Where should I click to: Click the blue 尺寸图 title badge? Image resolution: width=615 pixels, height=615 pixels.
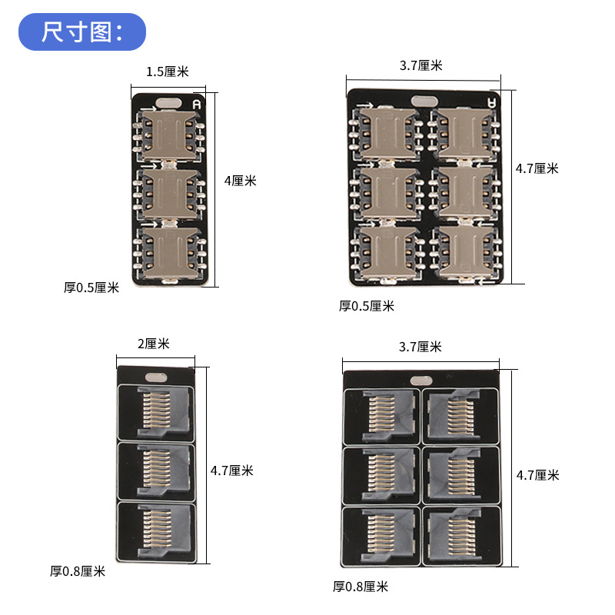[82, 32]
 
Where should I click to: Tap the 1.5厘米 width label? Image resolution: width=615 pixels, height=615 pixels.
[168, 71]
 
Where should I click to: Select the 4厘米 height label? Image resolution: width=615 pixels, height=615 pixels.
[240, 181]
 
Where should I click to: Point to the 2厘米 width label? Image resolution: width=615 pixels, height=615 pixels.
[153, 344]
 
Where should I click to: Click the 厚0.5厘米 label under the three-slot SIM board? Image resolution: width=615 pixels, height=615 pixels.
[91, 288]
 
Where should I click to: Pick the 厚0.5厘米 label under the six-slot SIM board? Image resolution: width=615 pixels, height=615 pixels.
[367, 306]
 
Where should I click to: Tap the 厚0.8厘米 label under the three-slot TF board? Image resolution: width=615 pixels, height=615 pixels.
[78, 571]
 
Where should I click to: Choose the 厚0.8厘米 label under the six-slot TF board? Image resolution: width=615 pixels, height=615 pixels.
[361, 587]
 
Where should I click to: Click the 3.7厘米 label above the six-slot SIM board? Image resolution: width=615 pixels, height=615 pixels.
[421, 65]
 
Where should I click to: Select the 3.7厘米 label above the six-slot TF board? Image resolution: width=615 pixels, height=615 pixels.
[420, 347]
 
